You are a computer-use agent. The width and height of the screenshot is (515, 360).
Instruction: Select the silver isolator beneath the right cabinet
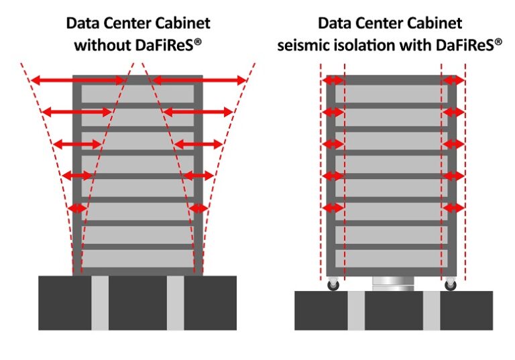point(390,284)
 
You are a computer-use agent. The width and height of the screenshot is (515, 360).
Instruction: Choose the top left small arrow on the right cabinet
point(333,80)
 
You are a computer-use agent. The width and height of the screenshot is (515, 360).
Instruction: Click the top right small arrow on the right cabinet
point(453,80)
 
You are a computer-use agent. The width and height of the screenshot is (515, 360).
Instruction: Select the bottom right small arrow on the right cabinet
point(453,208)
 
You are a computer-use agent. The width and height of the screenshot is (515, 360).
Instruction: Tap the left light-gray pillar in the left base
point(100,302)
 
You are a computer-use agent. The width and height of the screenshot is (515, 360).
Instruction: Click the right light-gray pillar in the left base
point(176,302)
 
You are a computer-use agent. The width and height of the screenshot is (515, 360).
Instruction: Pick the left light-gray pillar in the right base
point(356,310)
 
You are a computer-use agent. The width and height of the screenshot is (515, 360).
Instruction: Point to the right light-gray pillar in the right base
point(431,310)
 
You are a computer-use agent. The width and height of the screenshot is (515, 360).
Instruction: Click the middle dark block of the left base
point(137,302)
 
